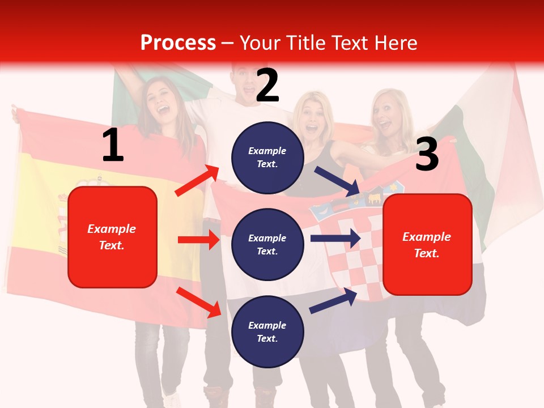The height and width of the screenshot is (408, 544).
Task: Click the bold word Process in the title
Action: coord(178,42)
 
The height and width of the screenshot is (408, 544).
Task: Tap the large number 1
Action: coord(113,145)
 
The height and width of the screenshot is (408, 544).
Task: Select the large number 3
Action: coord(427,154)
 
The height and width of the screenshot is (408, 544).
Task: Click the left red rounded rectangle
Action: coord(112,237)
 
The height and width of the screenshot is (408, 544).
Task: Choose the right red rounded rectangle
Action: coord(427,244)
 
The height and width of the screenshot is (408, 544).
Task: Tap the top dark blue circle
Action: coord(267,158)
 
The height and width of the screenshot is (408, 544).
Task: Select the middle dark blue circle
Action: coord(267,244)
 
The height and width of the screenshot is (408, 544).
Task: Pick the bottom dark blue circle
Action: coord(267,331)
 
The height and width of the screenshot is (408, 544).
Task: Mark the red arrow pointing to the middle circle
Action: coord(198,240)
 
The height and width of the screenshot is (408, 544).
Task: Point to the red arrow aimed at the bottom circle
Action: coord(199,302)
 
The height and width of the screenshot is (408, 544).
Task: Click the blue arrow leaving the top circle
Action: coord(338,181)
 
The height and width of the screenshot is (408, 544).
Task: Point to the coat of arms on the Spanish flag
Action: coord(63,221)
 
